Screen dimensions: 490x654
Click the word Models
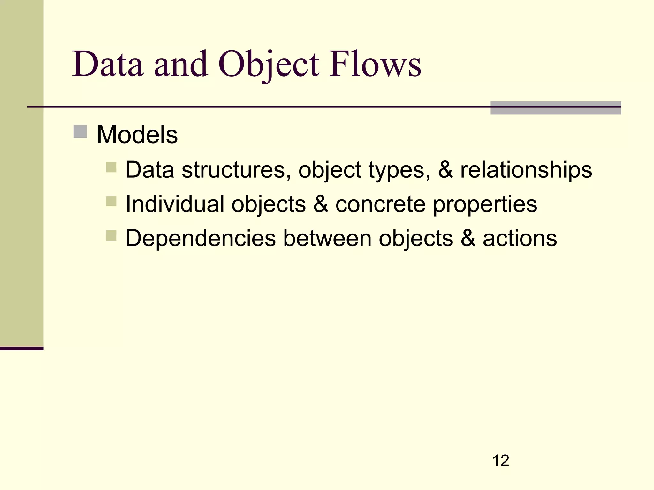click(x=137, y=135)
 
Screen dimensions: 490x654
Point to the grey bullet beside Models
click(x=80, y=132)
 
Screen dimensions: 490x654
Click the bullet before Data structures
click(x=111, y=167)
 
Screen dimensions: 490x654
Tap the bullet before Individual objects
click(x=111, y=201)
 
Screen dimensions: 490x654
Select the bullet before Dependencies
click(x=111, y=236)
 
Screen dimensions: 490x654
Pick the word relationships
click(x=526, y=170)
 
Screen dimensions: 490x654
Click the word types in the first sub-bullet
click(x=399, y=170)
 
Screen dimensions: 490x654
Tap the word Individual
click(x=175, y=204)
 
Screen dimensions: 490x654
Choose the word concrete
click(x=380, y=204)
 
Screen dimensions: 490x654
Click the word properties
click(x=485, y=204)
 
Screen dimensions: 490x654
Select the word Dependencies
click(x=201, y=238)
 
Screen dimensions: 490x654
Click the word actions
click(x=520, y=238)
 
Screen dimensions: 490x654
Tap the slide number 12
click(x=501, y=461)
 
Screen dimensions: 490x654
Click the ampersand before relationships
click(x=445, y=170)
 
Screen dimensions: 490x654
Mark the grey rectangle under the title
click(x=555, y=108)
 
